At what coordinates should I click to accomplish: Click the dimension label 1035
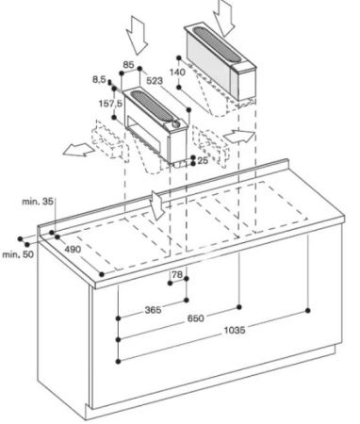coord(235,330)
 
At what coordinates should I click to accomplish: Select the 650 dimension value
coord(195,318)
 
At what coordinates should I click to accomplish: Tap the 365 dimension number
coord(153,310)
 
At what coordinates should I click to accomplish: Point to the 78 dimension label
coord(177,274)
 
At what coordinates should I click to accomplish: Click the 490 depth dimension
coord(73,250)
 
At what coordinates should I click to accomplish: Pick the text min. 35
coord(38,202)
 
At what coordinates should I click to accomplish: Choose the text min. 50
coord(18,254)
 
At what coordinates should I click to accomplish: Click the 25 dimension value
coord(204,161)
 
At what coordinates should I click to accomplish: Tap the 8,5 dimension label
coord(99,80)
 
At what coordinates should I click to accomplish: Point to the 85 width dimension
coord(128,65)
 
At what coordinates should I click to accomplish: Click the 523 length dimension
coord(155,81)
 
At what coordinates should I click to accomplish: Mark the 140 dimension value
coord(177,73)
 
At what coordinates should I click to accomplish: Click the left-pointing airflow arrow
coord(78,150)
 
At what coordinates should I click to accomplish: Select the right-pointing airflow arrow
coord(238,137)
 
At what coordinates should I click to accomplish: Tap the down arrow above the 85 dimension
coord(137,35)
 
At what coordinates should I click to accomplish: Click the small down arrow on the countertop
coord(157,204)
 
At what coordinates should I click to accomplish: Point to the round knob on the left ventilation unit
coord(176,124)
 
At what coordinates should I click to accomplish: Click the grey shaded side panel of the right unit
coord(209,59)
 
